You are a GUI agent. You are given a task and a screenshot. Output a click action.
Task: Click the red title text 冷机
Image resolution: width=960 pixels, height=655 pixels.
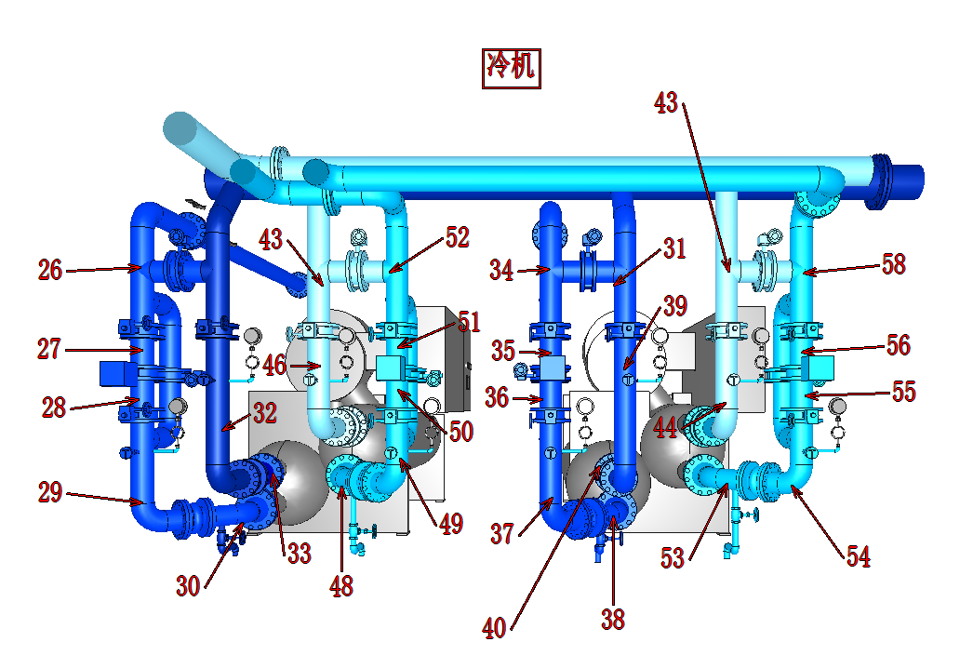click(x=511, y=65)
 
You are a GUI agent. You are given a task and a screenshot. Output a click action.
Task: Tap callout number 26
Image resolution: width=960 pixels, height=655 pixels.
click(x=50, y=270)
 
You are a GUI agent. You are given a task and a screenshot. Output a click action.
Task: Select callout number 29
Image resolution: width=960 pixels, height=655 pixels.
click(x=50, y=492)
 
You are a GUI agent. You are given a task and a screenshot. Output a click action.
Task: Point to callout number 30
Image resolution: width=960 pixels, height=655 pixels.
click(x=188, y=586)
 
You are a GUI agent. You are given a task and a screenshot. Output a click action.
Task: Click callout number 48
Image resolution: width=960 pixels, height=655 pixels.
click(x=341, y=586)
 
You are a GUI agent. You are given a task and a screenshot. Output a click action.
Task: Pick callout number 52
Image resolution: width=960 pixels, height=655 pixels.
click(x=457, y=237)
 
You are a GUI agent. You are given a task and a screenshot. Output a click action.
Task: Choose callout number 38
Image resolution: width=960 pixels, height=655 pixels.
click(x=613, y=619)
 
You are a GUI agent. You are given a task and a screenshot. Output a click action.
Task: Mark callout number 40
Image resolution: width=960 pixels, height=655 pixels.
click(x=494, y=628)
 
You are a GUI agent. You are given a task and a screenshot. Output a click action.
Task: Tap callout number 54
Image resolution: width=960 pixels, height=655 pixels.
click(x=859, y=556)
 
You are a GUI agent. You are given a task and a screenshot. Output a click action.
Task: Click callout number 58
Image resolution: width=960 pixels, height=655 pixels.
click(x=893, y=264)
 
